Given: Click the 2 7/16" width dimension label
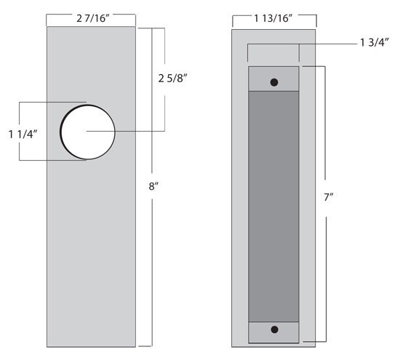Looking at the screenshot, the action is (93, 18).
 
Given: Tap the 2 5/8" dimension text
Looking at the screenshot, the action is (172, 79).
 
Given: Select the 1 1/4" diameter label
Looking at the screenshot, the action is (23, 135).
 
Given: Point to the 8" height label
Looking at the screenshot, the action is (153, 186).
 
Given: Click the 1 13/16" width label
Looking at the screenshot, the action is (273, 18).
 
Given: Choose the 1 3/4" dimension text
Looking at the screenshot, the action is (375, 42).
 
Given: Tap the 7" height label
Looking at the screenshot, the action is (329, 197).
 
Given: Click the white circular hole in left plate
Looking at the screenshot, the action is (88, 132).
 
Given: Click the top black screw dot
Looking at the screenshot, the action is (274, 82).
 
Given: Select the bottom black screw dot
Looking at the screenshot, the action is (274, 329).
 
